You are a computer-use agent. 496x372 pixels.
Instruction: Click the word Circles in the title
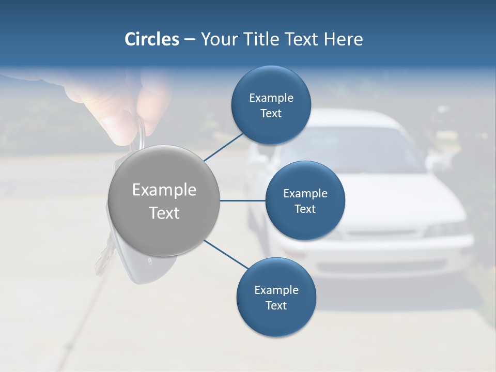point(151,39)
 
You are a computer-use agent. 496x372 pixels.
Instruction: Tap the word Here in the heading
point(343,39)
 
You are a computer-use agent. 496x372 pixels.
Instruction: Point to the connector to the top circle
point(225,147)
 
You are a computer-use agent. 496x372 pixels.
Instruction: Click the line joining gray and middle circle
point(242,200)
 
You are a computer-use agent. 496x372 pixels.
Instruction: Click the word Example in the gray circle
point(164,190)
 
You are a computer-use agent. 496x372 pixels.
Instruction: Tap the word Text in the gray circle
point(164,213)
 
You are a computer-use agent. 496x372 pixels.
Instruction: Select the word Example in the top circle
point(271,98)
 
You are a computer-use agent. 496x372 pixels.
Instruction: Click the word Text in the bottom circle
point(276,306)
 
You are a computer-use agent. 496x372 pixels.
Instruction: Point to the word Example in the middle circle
point(305,194)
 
